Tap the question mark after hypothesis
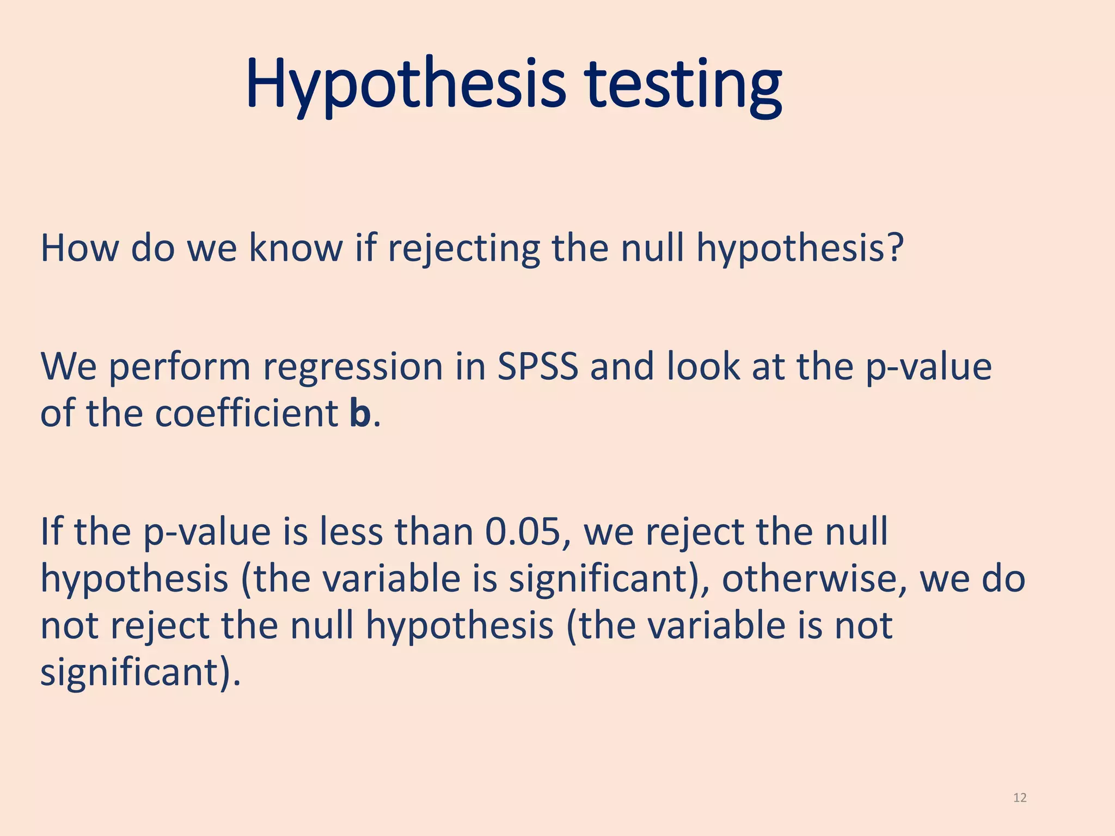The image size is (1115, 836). tap(894, 248)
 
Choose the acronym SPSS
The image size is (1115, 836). tap(537, 366)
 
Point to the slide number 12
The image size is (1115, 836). tap(1020, 798)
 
